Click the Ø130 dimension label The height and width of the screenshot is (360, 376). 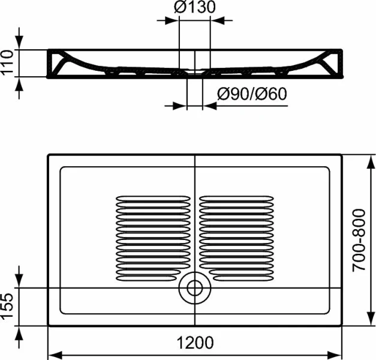[x=194, y=8]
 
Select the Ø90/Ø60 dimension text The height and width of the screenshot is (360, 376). [x=251, y=94]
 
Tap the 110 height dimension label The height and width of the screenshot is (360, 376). [x=8, y=62]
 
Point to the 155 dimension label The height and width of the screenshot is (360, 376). [x=8, y=307]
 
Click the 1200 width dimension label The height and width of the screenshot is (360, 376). [x=195, y=343]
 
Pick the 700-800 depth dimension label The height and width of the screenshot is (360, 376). [x=359, y=240]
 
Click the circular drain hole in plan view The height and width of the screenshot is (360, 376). [x=195, y=287]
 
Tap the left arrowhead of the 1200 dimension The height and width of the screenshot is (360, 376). [x=53, y=352]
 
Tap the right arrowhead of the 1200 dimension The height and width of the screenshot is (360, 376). [x=337, y=352]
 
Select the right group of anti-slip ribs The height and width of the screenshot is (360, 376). [x=237, y=238]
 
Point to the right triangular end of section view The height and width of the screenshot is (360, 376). [x=331, y=61]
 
